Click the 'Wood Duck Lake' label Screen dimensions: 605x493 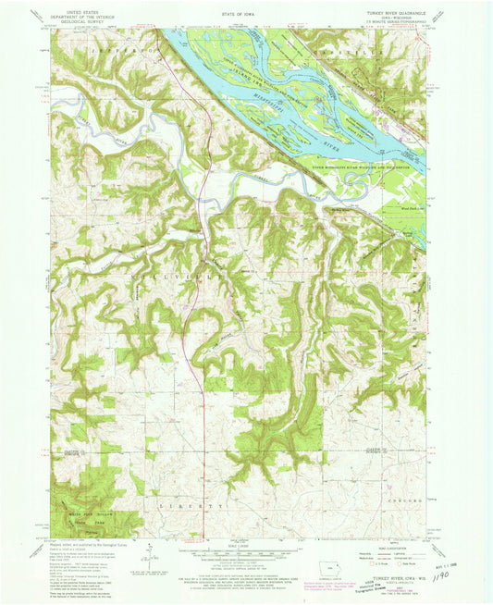tap(413, 210)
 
